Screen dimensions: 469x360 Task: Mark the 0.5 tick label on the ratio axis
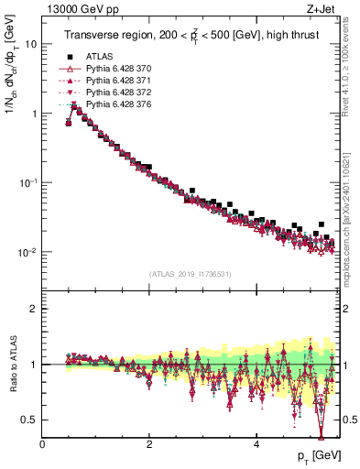coord(29,420)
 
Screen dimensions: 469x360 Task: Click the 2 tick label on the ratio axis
coord(35,309)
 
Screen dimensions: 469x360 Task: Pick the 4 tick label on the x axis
coord(256,446)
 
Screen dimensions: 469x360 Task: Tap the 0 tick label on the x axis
coord(42,446)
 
